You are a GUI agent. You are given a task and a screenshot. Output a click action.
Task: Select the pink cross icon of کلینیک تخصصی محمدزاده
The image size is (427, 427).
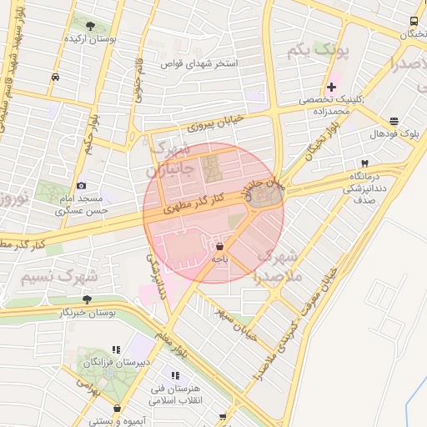pos(332,87)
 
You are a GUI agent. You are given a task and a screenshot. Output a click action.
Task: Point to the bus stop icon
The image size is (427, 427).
pos(415,22)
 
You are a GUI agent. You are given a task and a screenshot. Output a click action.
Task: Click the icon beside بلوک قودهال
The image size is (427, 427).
pos(394,121)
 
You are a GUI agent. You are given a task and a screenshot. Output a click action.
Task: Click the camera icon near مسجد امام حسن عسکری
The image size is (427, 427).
pos(81,185)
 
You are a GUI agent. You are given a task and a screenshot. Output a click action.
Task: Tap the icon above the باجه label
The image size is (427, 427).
pos(219,248)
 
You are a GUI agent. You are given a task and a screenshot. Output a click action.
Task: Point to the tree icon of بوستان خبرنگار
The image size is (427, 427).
pos(87,299)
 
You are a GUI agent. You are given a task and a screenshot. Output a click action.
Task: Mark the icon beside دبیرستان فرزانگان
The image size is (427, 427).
pos(116,349)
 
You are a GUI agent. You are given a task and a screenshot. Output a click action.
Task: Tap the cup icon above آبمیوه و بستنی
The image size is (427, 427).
pos(117,409)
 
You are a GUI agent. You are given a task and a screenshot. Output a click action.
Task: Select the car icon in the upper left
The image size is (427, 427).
pos(55,76)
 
